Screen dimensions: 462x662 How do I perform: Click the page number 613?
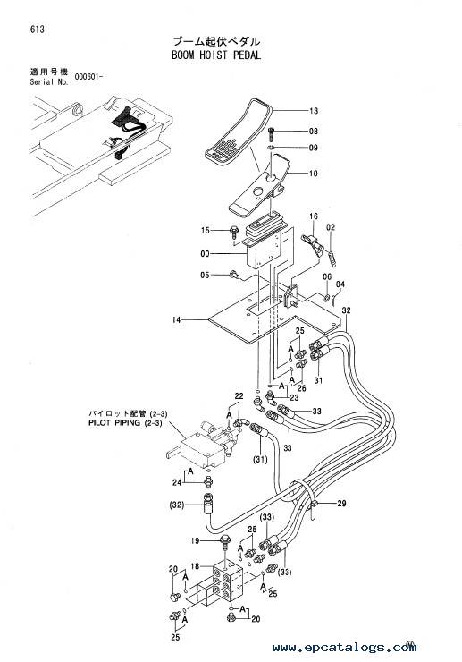38,30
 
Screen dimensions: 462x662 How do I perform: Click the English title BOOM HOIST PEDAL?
216,55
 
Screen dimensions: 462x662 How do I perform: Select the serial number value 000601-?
88,77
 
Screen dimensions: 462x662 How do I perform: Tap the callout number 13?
314,111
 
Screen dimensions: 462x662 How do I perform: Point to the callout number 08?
314,132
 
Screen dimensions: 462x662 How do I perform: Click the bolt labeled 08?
271,135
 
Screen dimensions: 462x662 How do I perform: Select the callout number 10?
314,173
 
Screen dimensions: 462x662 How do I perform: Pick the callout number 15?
205,231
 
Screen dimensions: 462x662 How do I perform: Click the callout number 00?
205,254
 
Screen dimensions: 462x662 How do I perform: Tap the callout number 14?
176,320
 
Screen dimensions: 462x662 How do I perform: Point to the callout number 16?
314,216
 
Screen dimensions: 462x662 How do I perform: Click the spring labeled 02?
333,258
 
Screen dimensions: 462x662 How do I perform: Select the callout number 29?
341,504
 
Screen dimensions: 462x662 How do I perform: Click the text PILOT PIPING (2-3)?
125,422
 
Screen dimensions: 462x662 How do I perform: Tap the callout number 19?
195,541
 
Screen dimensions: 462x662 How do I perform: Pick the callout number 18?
195,566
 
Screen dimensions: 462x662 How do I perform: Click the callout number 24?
177,482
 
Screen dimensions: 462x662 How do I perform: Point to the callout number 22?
239,396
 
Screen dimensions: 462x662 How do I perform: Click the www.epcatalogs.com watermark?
344,647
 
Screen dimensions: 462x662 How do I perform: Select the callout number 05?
205,276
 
